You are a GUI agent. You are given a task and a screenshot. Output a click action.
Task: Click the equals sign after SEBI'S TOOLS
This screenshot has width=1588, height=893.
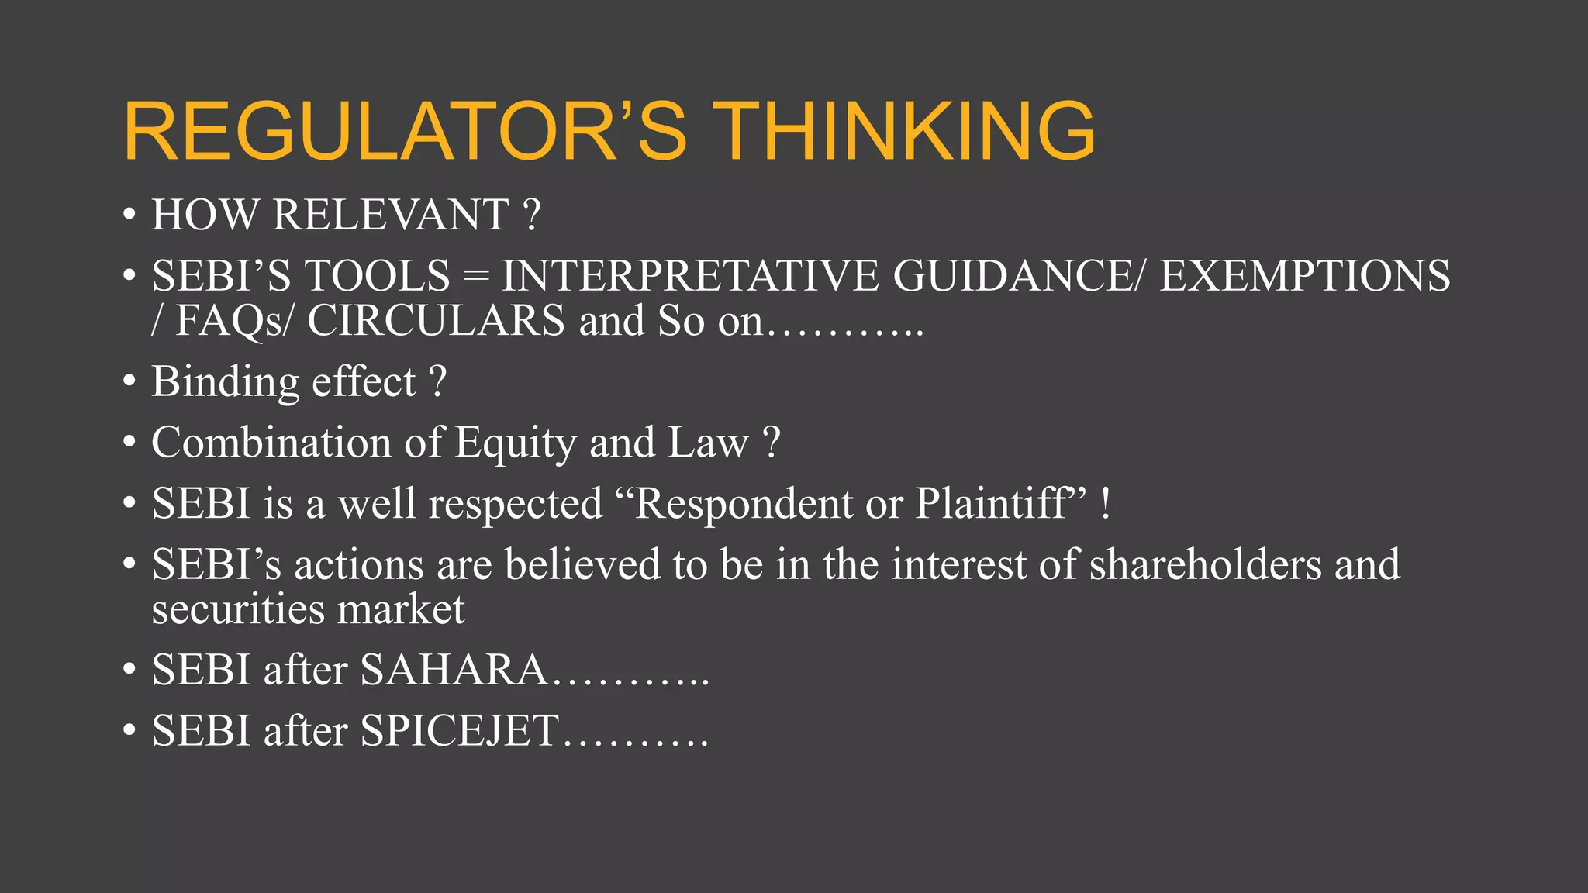[x=475, y=277]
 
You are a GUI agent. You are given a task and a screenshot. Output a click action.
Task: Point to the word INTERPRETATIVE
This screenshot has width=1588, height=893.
[x=690, y=276]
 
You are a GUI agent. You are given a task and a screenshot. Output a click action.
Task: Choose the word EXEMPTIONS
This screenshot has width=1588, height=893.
[x=1304, y=276]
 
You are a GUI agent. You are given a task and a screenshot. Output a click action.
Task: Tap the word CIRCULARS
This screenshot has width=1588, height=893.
[x=436, y=321]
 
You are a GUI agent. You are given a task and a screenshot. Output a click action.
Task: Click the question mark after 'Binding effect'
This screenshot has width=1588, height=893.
[x=438, y=382]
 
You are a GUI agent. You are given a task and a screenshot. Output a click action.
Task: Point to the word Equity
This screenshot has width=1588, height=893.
[x=515, y=443]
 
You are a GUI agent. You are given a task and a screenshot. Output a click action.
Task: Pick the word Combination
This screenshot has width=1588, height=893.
[x=271, y=443]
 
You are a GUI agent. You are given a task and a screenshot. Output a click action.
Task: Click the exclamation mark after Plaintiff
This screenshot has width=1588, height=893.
[x=1106, y=504]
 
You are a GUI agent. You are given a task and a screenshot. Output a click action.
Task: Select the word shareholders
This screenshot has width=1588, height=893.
[x=1205, y=564]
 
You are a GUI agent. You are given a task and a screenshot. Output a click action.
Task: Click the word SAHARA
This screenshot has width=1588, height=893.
[x=454, y=670]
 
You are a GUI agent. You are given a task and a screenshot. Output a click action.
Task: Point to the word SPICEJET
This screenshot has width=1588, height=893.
[x=459, y=731]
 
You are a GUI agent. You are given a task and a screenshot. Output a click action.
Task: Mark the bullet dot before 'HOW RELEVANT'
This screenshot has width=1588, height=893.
[x=129, y=215]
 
